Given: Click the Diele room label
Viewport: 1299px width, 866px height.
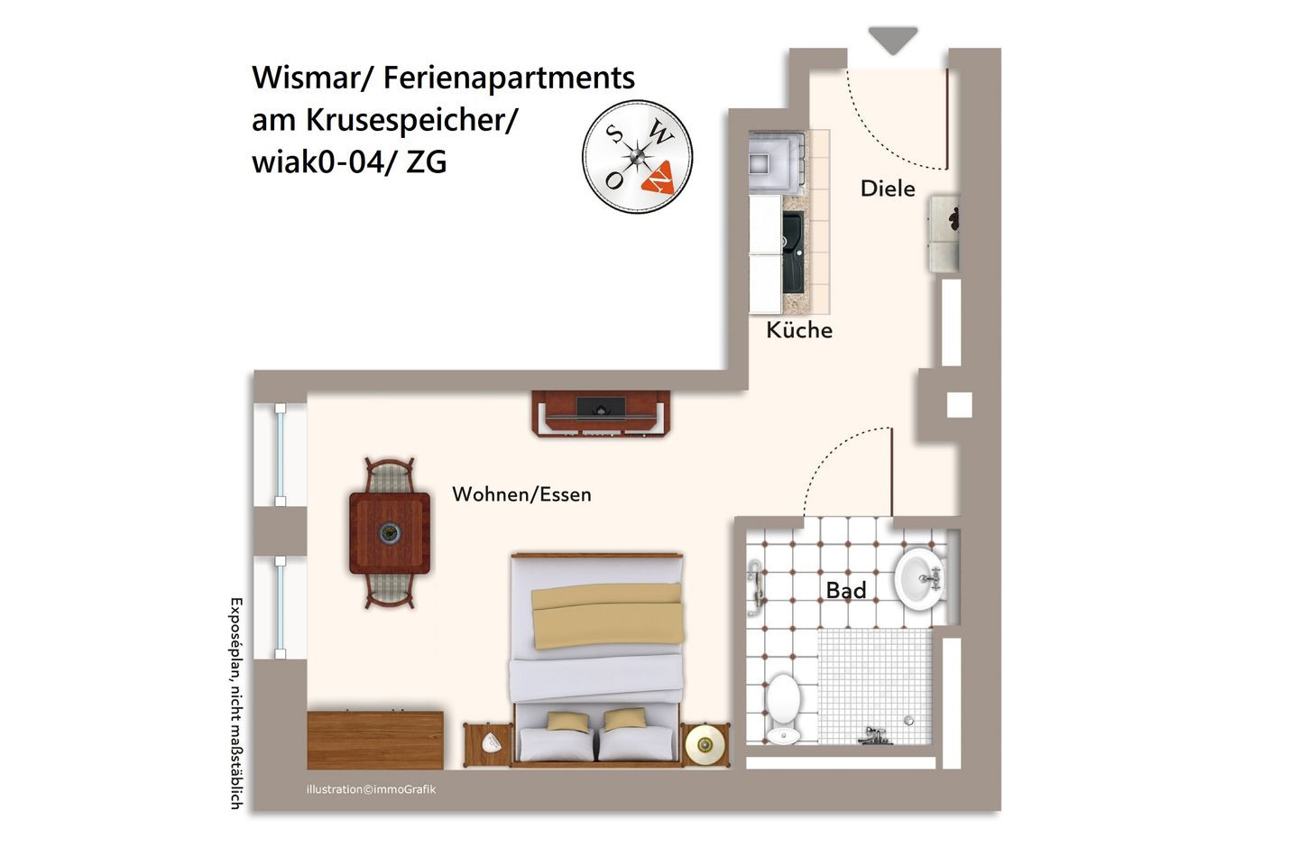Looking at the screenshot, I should point(888,189).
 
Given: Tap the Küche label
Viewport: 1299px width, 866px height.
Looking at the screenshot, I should point(799,330).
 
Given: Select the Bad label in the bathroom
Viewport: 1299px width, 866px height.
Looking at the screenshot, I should point(846,591).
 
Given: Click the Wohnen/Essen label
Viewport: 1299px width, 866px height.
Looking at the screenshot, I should point(521,494).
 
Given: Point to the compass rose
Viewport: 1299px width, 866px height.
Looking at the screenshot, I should point(637,157).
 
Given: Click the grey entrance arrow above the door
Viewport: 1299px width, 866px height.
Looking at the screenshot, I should point(893,40).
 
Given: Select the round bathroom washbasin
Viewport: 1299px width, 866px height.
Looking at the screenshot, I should point(918,578).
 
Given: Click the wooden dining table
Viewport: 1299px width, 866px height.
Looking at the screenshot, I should point(390,533).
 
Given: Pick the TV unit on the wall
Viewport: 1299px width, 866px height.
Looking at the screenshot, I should point(601,413).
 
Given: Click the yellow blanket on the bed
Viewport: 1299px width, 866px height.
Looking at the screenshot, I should point(607,614).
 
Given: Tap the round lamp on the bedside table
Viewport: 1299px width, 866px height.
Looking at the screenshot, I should point(705,744).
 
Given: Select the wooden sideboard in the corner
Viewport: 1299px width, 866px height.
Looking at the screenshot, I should point(375,739).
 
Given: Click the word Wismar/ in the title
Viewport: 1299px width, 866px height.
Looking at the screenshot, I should point(312,78).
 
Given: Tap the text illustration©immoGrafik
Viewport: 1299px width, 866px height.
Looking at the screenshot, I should point(371,789).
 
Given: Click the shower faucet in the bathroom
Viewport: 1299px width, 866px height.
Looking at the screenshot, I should point(873,737).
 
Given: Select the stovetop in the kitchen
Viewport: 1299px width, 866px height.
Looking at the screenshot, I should point(776,163).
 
